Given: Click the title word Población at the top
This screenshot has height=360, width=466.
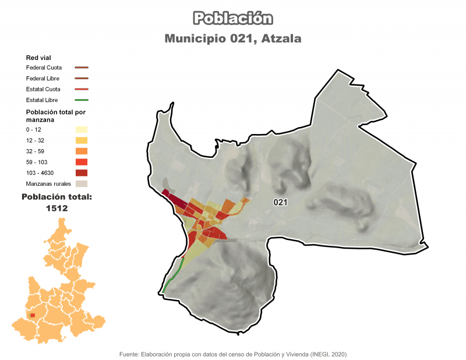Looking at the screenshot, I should coord(233,18).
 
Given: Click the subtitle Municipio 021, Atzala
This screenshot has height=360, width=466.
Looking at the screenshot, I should coord(233,39).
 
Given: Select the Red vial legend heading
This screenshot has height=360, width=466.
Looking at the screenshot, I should coord(37,58).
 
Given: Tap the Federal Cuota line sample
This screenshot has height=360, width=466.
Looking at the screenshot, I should coord(82,68).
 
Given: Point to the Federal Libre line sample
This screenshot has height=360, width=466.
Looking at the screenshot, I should coord(82,78).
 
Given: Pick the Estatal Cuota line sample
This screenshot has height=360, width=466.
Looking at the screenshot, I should coord(82,89).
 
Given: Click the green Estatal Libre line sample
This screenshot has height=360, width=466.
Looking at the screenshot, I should coord(82,100).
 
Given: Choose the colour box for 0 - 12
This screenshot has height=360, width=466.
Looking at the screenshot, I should coord(82,129).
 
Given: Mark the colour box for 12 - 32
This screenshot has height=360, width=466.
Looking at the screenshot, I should coord(82,140).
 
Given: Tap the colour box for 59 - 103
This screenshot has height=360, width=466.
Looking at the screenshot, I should coord(82,162).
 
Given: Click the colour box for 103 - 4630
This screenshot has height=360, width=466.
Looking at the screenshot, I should coord(82,173).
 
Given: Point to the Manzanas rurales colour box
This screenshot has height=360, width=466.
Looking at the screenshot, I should coord(82,184).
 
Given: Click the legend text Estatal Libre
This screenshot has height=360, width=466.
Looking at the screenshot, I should coord(43,100).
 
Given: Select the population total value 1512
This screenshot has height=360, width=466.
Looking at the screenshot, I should coord(57,208).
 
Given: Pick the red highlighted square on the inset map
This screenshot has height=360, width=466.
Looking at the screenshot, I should coord(33,315).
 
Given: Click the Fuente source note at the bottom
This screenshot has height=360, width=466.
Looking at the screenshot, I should coord(233,354).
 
